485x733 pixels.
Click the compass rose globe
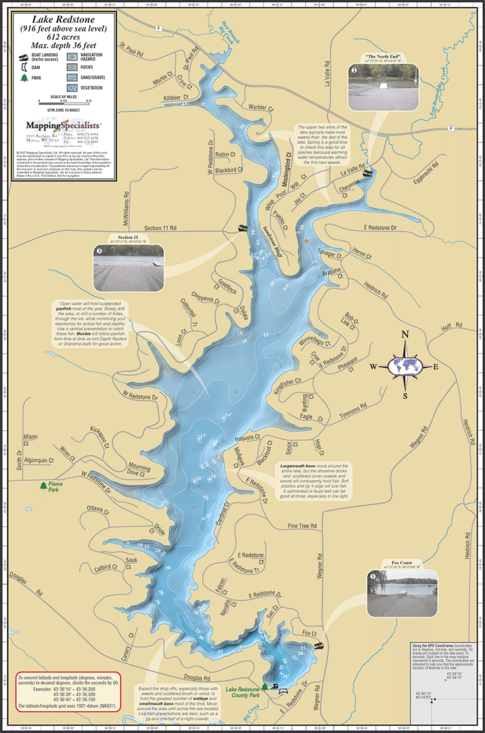[x=404, y=365]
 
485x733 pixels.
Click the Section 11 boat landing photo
[x=128, y=267]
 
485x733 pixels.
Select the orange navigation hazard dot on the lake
[x=306, y=240]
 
